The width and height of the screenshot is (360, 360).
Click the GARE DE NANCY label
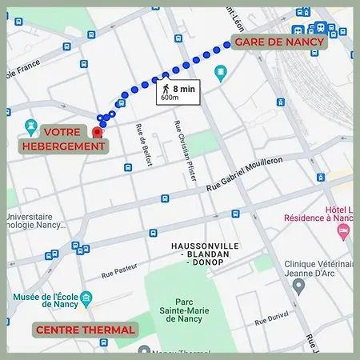(278, 42)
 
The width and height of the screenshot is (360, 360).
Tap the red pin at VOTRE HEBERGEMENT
(98, 132)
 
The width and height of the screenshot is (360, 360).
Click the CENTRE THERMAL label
(84, 329)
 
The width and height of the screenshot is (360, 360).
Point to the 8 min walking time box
(178, 92)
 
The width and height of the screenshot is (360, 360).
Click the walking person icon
(165, 89)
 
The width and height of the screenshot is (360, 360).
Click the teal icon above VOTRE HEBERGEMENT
(30, 126)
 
